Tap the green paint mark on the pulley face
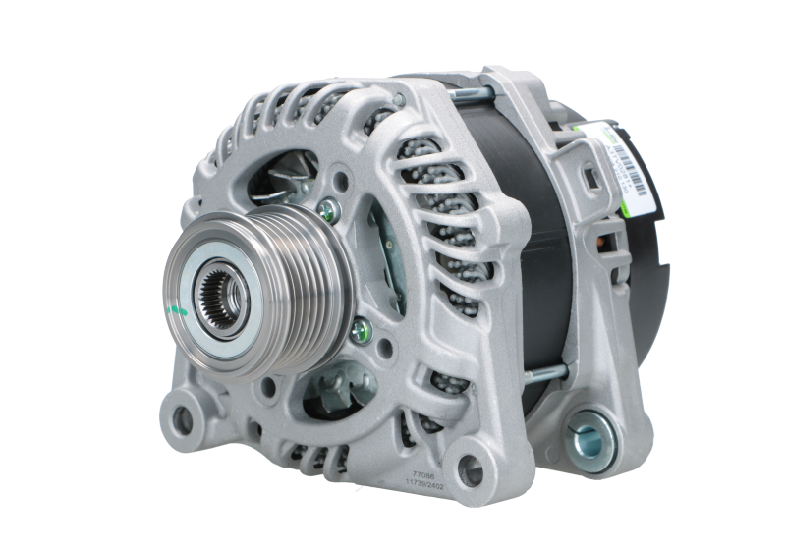point(178,311)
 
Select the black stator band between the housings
point(511,196)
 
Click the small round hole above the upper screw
point(339,180)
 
